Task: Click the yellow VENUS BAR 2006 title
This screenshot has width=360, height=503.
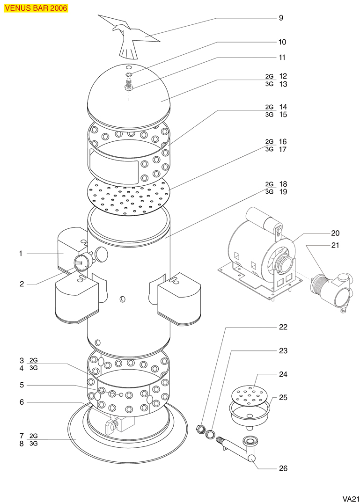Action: click(x=36, y=8)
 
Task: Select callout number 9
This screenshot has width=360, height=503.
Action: click(x=281, y=18)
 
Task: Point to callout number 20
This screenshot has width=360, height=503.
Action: click(x=335, y=233)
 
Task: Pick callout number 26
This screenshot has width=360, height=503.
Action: click(x=283, y=468)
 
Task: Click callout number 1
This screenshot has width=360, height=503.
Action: click(x=21, y=254)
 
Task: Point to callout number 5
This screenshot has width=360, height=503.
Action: click(x=22, y=385)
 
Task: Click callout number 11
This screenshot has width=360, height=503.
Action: click(x=282, y=58)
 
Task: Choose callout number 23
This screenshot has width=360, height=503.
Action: click(x=283, y=350)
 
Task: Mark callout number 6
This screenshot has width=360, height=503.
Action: click(x=22, y=402)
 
